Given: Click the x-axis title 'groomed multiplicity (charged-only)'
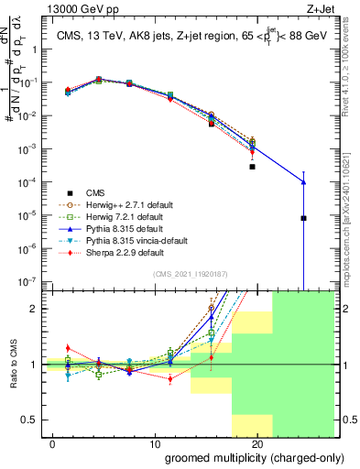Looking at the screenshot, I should [246, 457].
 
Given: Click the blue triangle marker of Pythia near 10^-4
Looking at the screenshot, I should [303, 182].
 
